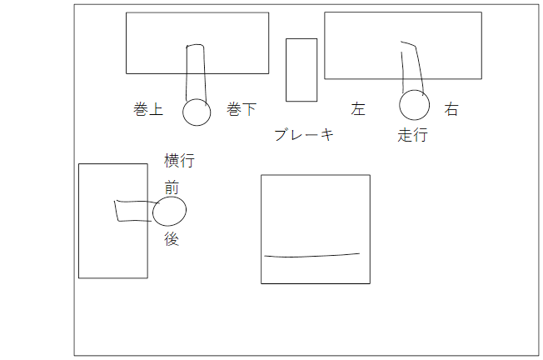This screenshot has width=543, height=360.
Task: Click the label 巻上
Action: click(148, 110)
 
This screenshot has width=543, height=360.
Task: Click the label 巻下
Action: click(242, 110)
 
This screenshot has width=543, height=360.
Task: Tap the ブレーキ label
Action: click(304, 135)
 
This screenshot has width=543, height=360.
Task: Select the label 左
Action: click(358, 110)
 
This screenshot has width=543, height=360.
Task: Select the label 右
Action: click(451, 110)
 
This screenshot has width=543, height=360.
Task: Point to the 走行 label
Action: click(412, 135)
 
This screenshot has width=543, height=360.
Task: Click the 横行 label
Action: click(180, 161)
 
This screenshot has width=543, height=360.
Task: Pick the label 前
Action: click(172, 188)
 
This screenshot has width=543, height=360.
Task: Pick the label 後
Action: click(172, 238)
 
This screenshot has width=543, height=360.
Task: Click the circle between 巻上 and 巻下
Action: click(197, 112)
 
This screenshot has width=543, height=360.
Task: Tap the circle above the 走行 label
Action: click(414, 106)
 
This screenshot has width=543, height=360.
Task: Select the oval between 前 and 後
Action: click(169, 212)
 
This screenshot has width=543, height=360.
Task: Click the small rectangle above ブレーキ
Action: click(301, 70)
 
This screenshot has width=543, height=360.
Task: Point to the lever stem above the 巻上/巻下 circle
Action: click(195, 72)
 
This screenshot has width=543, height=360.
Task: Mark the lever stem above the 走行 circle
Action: click(413, 67)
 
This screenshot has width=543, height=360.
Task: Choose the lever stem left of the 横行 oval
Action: click(133, 211)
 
